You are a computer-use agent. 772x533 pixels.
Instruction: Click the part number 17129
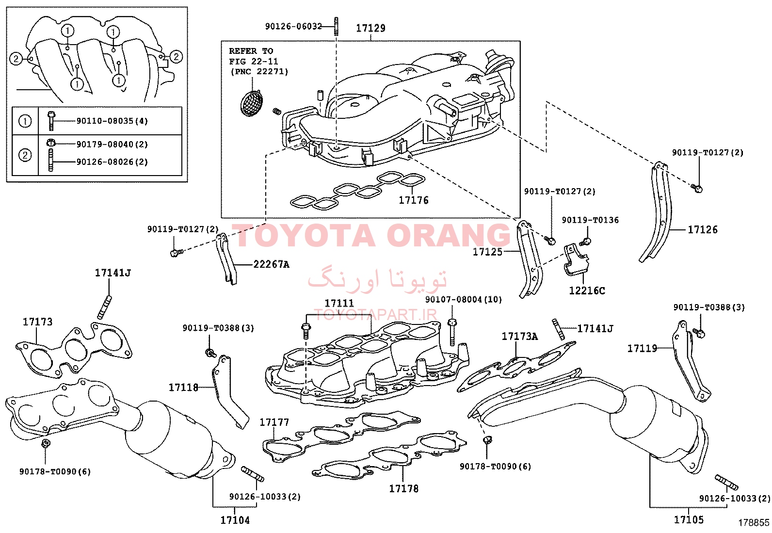tap(370, 28)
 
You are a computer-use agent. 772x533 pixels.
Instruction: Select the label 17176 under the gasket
tap(413, 200)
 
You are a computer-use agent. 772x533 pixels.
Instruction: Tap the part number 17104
tap(235, 520)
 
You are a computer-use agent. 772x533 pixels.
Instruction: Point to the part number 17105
tap(689, 519)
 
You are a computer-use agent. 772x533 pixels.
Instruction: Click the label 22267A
tap(271, 264)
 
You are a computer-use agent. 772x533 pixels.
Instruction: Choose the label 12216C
tap(587, 291)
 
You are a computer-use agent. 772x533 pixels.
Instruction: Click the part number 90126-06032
tap(293, 26)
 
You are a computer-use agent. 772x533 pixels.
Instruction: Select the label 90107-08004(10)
tap(464, 300)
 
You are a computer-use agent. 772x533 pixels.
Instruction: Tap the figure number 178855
tap(754, 523)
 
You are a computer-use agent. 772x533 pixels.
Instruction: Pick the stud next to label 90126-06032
tap(336, 26)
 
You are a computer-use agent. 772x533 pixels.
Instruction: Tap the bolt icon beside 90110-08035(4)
tap(51, 121)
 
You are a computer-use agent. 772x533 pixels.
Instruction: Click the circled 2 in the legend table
tap(25, 155)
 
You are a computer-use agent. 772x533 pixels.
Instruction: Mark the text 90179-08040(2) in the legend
tap(112, 144)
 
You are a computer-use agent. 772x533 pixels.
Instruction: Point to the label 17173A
tap(519, 336)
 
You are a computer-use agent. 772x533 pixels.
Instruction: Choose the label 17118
tap(183, 387)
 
